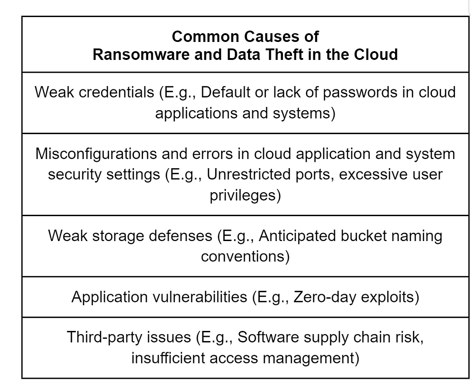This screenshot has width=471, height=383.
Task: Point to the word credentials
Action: coord(116,92)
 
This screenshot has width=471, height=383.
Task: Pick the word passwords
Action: coord(360,93)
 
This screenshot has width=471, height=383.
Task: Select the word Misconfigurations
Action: coord(96,154)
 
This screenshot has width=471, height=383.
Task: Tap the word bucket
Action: coord(363,236)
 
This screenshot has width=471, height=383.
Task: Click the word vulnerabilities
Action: coord(200,297)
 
